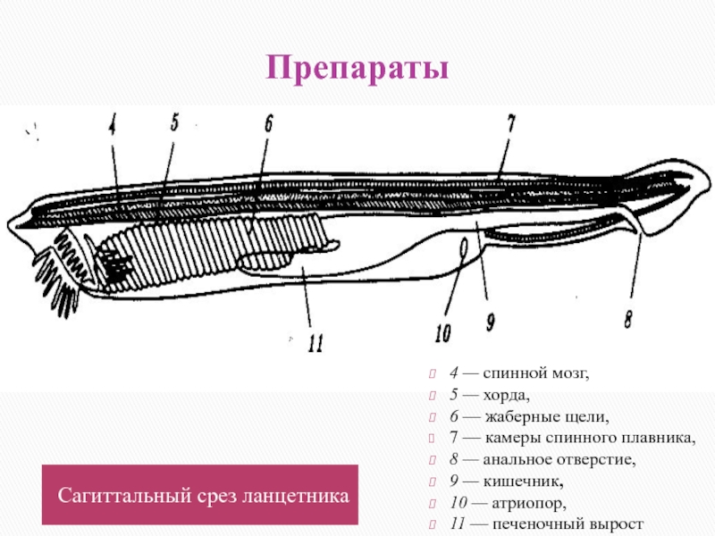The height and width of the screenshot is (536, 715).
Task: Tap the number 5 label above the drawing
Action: click(x=175, y=123)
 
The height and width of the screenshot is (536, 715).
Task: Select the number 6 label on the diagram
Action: click(x=267, y=125)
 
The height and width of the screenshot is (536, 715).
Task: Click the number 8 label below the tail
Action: click(x=630, y=319)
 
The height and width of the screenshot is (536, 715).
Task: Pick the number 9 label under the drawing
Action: click(x=491, y=322)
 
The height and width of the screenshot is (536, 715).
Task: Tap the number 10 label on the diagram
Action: click(x=443, y=333)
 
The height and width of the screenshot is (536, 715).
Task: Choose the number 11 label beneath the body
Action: click(x=314, y=343)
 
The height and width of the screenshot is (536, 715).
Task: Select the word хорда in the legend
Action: click(x=505, y=396)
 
